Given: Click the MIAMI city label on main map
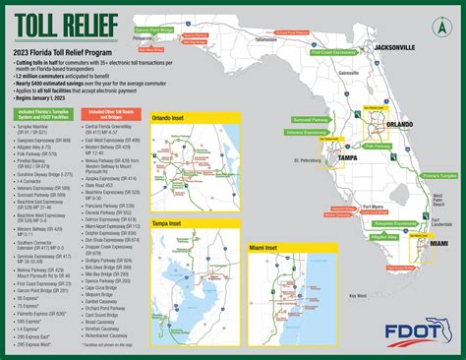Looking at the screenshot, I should click(x=438, y=243).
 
